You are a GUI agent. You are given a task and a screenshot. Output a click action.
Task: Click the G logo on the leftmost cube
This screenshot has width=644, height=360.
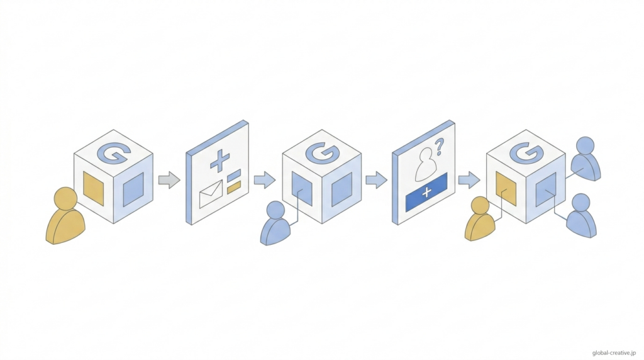pos(114,151)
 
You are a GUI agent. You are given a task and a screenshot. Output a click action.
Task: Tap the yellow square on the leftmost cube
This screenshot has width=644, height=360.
pos(93,188)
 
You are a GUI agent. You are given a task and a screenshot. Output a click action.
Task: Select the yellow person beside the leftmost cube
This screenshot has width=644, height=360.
pos(65,217)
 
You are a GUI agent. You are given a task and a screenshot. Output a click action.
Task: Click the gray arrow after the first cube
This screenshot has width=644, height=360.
pos(169,180)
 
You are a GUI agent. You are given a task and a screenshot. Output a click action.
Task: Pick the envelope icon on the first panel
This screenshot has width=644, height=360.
pos(211,194)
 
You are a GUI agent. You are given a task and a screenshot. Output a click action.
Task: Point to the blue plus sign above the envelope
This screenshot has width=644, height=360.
pos(219,161)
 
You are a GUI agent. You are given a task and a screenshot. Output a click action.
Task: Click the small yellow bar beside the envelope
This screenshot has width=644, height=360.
pos(234,187)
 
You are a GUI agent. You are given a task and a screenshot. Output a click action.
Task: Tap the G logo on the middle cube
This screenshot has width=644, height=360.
pos(322,151)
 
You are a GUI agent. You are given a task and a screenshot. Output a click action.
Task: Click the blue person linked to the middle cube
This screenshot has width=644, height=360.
pos(275,223)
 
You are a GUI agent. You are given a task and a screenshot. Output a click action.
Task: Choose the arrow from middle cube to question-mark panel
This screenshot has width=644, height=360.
pos(376,180)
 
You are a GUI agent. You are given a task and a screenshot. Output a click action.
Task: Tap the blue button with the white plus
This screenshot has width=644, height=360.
pos(426,192)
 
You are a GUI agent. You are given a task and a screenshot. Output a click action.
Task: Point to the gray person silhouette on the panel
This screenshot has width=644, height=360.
pos(425,164)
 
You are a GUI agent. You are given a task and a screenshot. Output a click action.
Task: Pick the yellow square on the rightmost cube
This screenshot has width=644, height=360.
pos(506,188)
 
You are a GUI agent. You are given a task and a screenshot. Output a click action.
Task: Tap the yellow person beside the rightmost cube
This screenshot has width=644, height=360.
pos(480,219)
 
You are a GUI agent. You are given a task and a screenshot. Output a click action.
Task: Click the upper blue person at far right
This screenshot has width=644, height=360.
pos(585,158)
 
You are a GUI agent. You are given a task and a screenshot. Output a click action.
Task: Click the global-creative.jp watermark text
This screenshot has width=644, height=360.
pos(616,353)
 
